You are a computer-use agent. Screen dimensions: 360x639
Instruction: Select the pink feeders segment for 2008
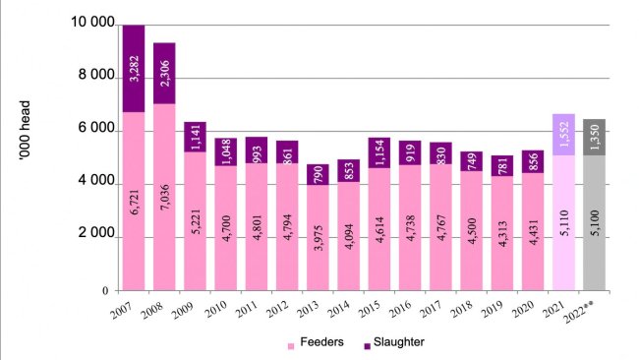click(x=165, y=197)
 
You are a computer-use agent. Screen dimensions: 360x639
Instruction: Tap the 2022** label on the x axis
click(x=593, y=316)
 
